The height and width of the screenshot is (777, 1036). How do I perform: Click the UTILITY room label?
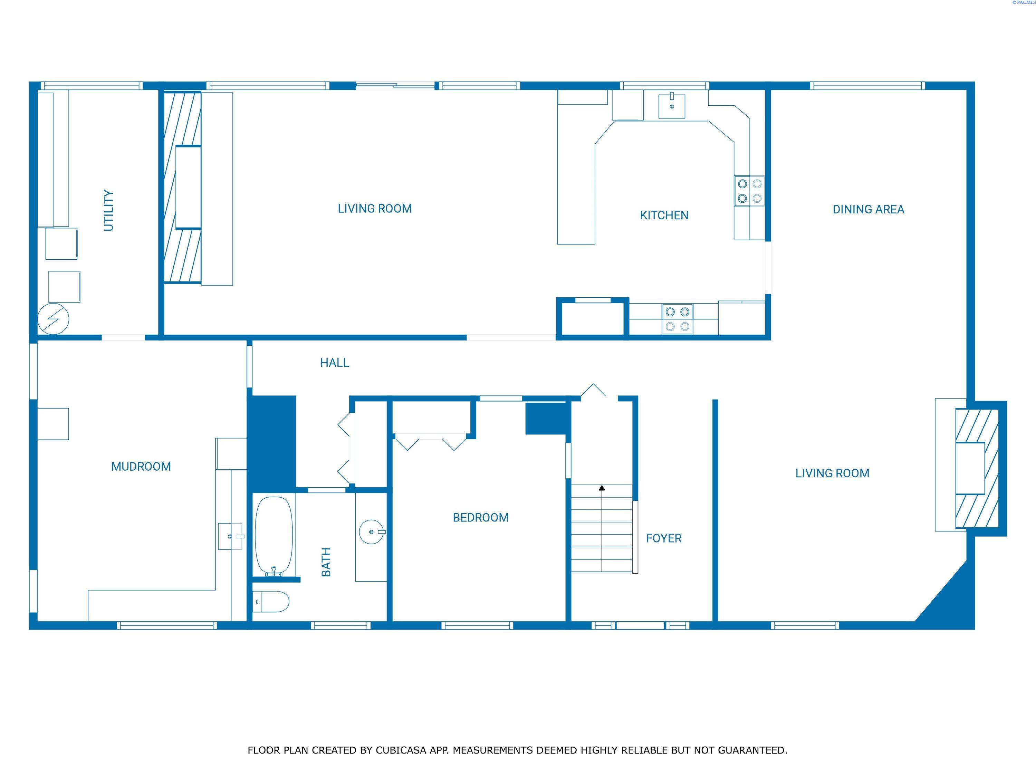click(109, 210)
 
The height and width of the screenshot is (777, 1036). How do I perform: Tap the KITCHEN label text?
click(664, 215)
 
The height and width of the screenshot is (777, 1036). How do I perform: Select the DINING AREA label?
click(868, 209)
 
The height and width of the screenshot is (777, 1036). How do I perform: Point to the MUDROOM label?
click(141, 467)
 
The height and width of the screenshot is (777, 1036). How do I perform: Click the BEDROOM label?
click(481, 518)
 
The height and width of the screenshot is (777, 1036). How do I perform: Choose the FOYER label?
click(664, 538)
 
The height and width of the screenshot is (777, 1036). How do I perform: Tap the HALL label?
click(334, 363)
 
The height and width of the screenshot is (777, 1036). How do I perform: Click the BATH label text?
click(326, 562)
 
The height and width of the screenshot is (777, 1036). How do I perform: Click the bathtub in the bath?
click(274, 536)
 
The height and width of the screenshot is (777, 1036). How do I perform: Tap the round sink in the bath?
click(372, 532)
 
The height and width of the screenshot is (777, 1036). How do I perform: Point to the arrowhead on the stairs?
click(602, 488)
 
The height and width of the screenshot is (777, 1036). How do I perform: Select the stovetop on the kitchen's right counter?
click(749, 191)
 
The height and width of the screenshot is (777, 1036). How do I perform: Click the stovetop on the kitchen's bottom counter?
click(677, 319)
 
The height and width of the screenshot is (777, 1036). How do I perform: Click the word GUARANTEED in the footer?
click(752, 750)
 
